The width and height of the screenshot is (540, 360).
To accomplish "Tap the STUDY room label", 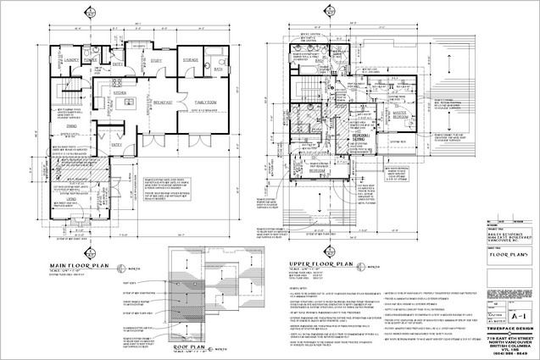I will click(x=156, y=60).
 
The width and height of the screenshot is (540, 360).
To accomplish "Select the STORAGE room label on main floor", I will click(x=191, y=60).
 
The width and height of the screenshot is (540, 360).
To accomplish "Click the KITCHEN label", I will click(x=120, y=93).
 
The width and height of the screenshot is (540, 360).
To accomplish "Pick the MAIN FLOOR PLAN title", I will click(x=80, y=266).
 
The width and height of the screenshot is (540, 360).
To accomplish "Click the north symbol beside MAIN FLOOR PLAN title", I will click(x=124, y=264).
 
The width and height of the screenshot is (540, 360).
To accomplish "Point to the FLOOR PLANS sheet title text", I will click(x=509, y=252).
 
